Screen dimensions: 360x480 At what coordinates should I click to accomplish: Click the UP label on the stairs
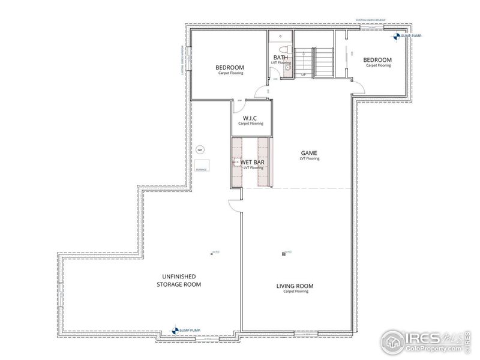[x=304, y=74]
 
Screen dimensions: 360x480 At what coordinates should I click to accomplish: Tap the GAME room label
[x=309, y=153]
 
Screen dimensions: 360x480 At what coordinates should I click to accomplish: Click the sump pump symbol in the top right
[x=397, y=36]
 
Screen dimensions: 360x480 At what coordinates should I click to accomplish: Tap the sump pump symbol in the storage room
[x=175, y=329]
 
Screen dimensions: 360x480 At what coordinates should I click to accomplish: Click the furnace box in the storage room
[x=200, y=166]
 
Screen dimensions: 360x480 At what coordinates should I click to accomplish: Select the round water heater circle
[x=200, y=149]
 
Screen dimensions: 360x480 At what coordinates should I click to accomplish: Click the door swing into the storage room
[x=236, y=205]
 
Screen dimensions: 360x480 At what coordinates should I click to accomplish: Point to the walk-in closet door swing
[x=238, y=106]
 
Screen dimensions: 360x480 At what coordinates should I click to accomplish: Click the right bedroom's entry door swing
[x=357, y=88]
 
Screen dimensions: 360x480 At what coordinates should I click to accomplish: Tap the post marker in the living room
[x=284, y=254]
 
